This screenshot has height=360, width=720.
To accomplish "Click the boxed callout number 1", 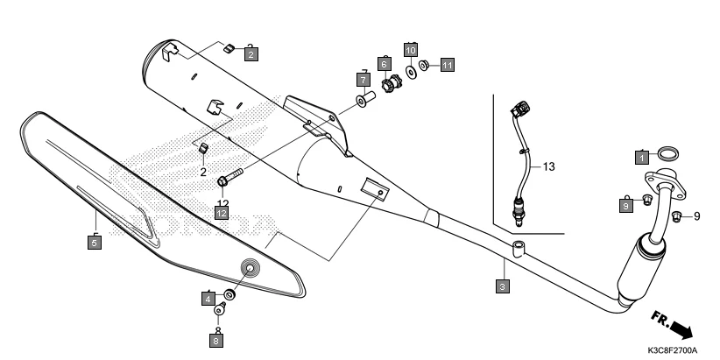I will coord(642,158).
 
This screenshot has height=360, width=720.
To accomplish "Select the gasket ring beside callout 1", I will coord(667,155).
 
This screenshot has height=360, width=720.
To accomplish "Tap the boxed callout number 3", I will coord(502,286).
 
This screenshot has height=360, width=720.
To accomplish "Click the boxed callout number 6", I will coord(384,63).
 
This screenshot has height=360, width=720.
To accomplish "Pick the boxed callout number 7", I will coord(364,80).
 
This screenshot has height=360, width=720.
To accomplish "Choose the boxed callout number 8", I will coord(216,338).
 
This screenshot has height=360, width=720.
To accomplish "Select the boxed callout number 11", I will coord(448,65).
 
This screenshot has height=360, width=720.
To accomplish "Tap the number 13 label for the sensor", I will coord(548,166).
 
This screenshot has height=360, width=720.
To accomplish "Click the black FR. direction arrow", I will coord(678,328).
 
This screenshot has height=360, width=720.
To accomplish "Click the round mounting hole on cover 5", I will coord(251,270).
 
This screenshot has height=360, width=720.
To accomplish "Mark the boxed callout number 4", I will coord(208,299).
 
